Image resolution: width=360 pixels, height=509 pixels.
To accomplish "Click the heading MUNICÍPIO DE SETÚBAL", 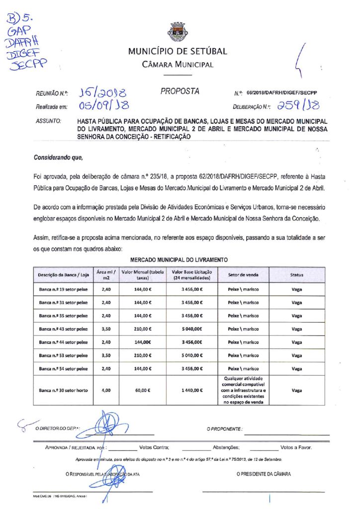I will [178, 51].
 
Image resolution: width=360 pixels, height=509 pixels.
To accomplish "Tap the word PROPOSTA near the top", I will [180, 91].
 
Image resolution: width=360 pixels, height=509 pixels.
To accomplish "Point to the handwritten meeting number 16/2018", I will [103, 92].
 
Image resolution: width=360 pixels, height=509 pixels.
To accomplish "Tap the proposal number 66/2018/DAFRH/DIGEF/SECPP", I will [281, 93].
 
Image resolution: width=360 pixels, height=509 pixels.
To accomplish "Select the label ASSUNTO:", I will [49, 121].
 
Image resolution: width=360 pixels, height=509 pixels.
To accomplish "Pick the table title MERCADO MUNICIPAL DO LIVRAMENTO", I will [179, 260].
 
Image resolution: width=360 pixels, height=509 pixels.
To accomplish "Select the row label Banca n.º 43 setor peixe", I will [63, 328].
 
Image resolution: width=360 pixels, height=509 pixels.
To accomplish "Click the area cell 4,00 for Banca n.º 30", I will [106, 390].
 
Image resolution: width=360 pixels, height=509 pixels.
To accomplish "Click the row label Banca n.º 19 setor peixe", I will [63, 289].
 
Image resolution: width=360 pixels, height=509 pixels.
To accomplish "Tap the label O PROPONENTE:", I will [224, 428].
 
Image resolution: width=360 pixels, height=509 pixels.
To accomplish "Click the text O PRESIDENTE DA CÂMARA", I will [264, 474].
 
